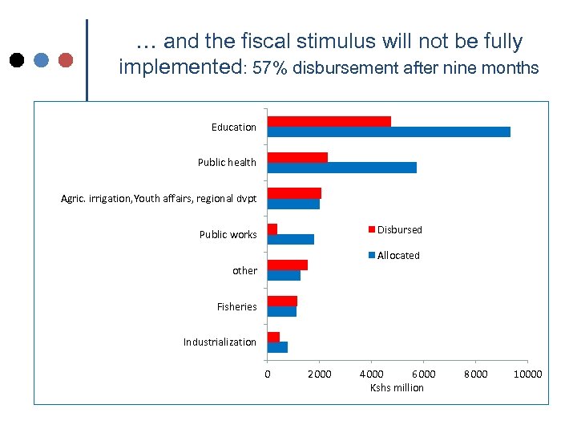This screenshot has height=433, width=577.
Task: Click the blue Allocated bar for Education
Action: pos(389,132)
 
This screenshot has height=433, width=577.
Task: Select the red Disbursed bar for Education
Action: pos(329,121)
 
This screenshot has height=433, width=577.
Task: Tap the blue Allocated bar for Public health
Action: pos(342,168)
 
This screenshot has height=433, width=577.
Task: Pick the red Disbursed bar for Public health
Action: pos(297,157)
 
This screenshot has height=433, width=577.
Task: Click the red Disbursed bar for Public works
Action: pos(272,229)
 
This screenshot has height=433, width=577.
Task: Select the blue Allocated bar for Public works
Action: pos(291,239)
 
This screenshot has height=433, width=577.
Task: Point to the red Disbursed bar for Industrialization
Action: pos(273,337)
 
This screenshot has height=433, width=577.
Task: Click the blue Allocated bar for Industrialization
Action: pos(277,347)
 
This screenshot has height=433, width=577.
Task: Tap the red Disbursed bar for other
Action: pos(288,265)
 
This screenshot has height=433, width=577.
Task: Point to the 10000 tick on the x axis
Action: pos(527,374)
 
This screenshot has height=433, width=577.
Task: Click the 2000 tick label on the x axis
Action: pos(319,374)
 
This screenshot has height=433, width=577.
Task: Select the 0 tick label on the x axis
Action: pos(268,374)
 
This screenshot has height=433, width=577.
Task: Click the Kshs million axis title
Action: pos(397,388)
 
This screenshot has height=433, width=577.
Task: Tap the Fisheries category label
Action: pos(236,306)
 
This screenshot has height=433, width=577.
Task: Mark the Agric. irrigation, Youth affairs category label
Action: pos(159,198)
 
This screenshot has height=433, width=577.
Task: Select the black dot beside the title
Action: pos(17,59)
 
